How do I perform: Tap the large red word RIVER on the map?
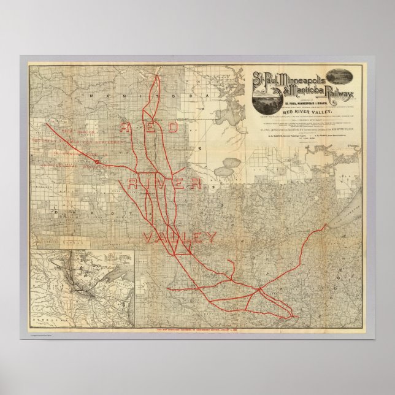pos(167,183)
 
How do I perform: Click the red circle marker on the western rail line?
pos(98,161)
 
